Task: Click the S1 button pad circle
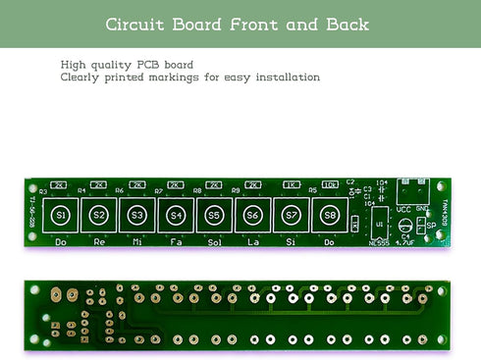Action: coord(61,215)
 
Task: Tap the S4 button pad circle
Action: coord(176,215)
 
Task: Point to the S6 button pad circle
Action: coord(252,215)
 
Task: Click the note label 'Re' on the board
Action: coord(98,240)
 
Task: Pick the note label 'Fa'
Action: coord(176,240)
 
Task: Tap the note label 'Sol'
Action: coord(214,240)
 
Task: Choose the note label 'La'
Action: coord(252,240)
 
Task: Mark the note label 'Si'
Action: coord(291,240)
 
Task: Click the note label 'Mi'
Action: coord(137,240)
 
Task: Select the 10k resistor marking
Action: coord(329,183)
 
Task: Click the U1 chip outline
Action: coord(378,224)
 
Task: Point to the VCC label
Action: coord(402,208)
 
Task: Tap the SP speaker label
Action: coord(430,226)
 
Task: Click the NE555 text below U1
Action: coord(378,241)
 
